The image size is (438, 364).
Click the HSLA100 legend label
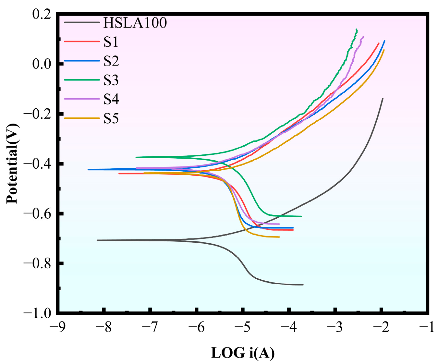tap(135, 23)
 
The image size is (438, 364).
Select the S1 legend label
tap(111, 42)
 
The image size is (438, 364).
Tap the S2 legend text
tap(111, 61)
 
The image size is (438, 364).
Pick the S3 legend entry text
tap(111, 80)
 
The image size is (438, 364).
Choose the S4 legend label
tap(111, 99)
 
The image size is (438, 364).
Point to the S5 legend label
tap(111, 118)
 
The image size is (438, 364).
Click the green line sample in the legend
tap(81, 80)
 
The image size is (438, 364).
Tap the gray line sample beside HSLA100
tap(81, 22)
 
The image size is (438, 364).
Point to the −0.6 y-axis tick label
tap(37, 213)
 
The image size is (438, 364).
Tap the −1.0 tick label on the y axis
tap(37, 313)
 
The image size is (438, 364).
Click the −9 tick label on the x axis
tap(57, 328)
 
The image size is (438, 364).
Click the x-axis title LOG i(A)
tap(243, 353)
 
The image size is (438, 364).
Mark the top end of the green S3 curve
tap(357, 30)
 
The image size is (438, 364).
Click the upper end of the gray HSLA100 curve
tap(383, 99)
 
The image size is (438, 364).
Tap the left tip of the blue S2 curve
tap(89, 169)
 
